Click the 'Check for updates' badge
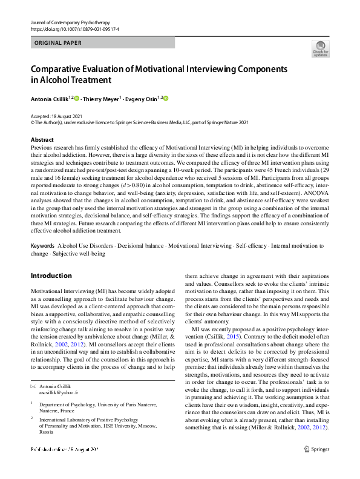click(x=321, y=48)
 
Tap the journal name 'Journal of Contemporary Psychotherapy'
click(x=71, y=22)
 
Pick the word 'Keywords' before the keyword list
click(x=42, y=246)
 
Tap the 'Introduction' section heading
click(x=51, y=276)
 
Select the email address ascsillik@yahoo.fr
click(x=59, y=392)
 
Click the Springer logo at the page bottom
click(x=317, y=465)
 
